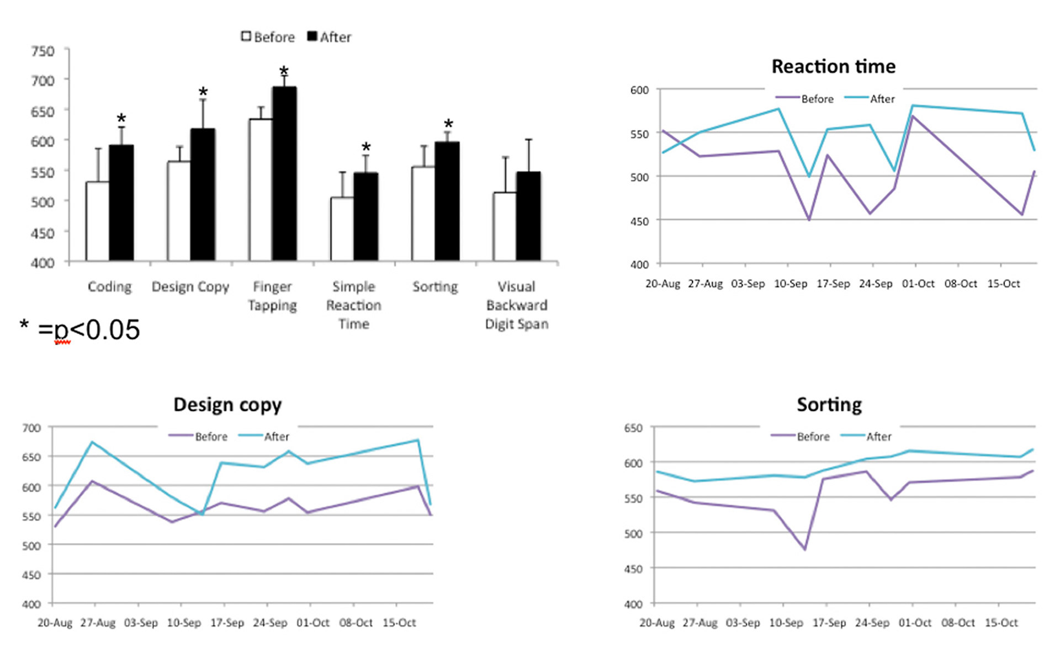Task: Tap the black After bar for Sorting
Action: tap(447, 201)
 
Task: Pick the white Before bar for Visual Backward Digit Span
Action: tap(505, 226)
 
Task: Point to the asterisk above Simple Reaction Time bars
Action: tap(366, 147)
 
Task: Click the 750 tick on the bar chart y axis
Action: tap(43, 51)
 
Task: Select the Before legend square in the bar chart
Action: tap(246, 36)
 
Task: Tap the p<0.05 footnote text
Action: tap(88, 330)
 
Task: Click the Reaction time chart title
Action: tap(833, 66)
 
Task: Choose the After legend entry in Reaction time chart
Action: tap(882, 99)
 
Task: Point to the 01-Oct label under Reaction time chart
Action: tap(918, 284)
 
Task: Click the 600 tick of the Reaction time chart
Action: tap(639, 90)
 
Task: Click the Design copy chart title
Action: tap(227, 405)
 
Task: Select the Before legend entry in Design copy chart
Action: tap(211, 437)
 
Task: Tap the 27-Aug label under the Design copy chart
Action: tap(98, 623)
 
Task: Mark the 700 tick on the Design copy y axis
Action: tap(32, 428)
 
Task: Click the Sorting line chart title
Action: tap(829, 405)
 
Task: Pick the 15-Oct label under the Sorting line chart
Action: tap(1001, 623)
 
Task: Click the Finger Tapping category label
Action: tap(272, 296)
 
